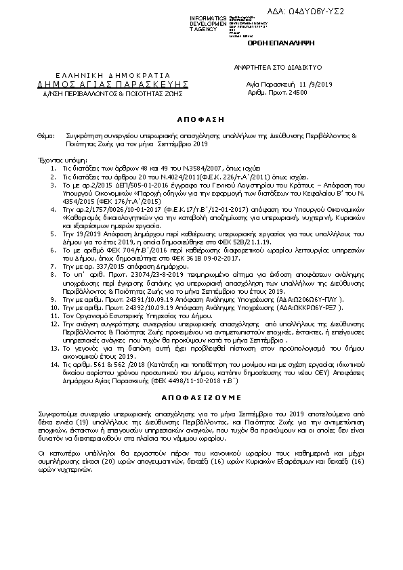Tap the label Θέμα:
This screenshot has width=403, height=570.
(x=46, y=136)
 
